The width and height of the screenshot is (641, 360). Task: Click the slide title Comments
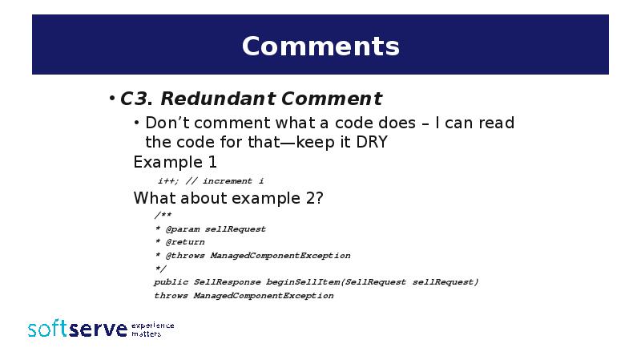pyautogui.click(x=320, y=46)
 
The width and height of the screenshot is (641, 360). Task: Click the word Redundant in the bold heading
pyautogui.click(x=209, y=99)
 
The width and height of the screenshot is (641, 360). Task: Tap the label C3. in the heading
pyautogui.click(x=137, y=99)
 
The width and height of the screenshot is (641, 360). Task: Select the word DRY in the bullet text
pyautogui.click(x=372, y=143)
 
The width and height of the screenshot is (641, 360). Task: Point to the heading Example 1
pyautogui.click(x=175, y=163)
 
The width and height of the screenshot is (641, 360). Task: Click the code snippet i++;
pyautogui.click(x=167, y=181)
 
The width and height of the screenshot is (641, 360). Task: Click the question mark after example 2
pyautogui.click(x=319, y=198)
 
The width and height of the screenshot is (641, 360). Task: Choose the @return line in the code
pyautogui.click(x=184, y=242)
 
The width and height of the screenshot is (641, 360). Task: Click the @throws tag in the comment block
pyautogui.click(x=184, y=256)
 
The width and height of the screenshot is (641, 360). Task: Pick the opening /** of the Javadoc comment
pyautogui.click(x=163, y=216)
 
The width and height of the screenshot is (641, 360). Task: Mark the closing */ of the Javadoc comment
pyautogui.click(x=160, y=269)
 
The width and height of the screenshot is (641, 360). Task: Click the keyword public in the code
pyautogui.click(x=171, y=282)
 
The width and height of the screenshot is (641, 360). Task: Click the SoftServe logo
pyautogui.click(x=77, y=329)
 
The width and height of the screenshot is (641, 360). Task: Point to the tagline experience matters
pyautogui.click(x=152, y=329)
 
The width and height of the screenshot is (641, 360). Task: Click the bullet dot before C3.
pyautogui.click(x=112, y=99)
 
